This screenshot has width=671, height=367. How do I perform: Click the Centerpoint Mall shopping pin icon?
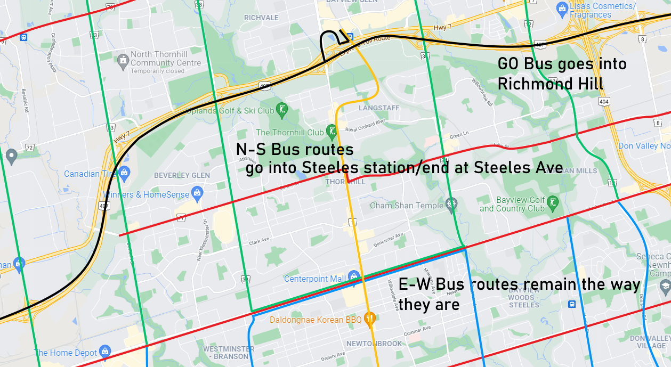pyautogui.click(x=353, y=276)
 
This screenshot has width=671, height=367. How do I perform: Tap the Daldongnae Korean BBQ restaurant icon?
pyautogui.click(x=369, y=319)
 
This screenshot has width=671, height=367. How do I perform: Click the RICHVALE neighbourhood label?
pyautogui.click(x=261, y=18)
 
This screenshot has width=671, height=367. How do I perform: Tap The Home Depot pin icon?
pyautogui.click(x=105, y=352)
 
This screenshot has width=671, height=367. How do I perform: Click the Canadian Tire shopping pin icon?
pyautogui.click(x=124, y=172)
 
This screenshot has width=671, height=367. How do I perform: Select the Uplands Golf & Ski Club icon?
pyautogui.click(x=282, y=110)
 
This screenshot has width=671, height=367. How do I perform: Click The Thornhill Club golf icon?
pyautogui.click(x=333, y=131)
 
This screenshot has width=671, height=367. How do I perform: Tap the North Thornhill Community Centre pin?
pyautogui.click(x=123, y=58)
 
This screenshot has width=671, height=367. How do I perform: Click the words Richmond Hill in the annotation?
pyautogui.click(x=550, y=84)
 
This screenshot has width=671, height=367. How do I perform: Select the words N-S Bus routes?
pyautogui.click(x=295, y=150)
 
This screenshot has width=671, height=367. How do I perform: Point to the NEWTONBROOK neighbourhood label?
pyautogui.click(x=374, y=344)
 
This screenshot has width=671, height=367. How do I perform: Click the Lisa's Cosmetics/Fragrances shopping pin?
pyautogui.click(x=561, y=8)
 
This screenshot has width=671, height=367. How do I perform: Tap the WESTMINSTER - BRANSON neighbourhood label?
pyautogui.click(x=225, y=353)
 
